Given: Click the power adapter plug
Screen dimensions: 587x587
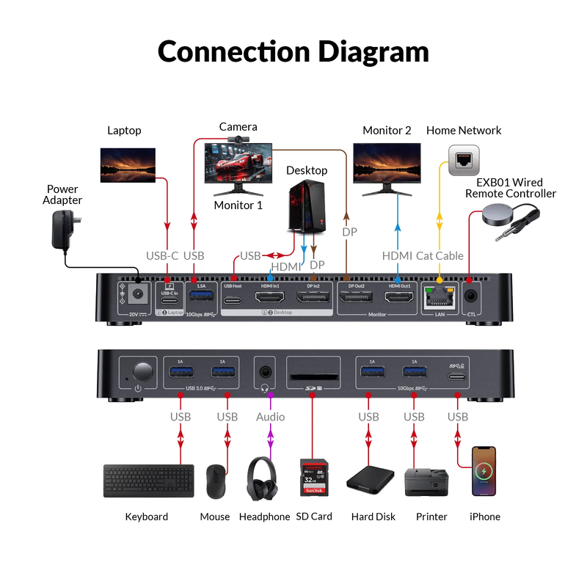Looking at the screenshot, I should click(x=65, y=229).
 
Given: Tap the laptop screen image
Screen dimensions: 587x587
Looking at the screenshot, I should click(x=128, y=164).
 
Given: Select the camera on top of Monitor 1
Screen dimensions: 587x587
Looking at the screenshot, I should click(x=238, y=138).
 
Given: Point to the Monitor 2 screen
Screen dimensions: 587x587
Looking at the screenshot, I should click(x=387, y=162).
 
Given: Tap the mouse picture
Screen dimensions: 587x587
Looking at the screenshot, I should click(x=216, y=481).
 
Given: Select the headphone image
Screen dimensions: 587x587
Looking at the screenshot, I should click(x=264, y=480).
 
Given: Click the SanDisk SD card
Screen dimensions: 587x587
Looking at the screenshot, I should click(x=313, y=480).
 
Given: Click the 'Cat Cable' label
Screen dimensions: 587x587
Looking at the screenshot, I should click(x=440, y=255).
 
